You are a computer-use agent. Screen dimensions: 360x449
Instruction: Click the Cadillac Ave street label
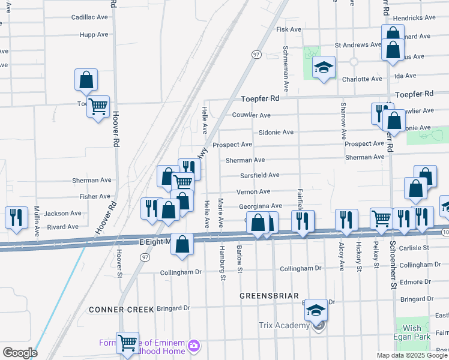click(89, 17)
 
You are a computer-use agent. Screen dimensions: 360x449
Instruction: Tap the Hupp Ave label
click(94, 34)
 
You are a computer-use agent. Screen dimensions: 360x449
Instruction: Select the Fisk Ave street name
click(288, 29)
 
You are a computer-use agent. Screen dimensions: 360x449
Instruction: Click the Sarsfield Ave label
click(260, 175)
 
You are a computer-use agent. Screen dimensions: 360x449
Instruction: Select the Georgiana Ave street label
click(260, 206)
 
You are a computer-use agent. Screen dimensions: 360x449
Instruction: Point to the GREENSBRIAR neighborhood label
click(266, 296)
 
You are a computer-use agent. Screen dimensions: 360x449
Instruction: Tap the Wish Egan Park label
click(412, 332)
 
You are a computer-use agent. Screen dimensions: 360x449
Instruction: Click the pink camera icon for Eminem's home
click(194, 346)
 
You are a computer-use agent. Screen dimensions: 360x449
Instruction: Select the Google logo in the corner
click(19, 353)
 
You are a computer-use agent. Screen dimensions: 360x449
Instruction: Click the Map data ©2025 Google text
click(412, 355)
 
